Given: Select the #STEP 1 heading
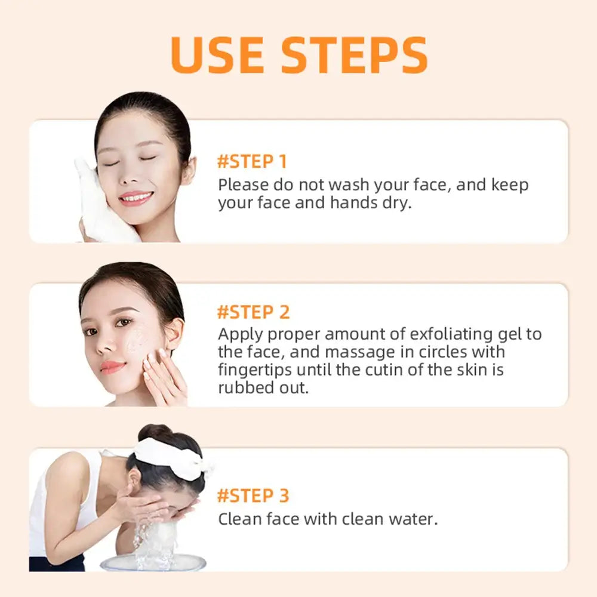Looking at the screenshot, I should pyautogui.click(x=252, y=162).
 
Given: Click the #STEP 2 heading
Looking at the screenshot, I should pyautogui.click(x=253, y=312).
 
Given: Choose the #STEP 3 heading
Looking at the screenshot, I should pyautogui.click(x=253, y=496).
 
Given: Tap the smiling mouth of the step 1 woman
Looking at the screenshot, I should pyautogui.click(x=136, y=197).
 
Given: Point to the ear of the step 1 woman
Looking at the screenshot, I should pyautogui.click(x=189, y=171).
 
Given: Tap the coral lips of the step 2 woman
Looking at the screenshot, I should pyautogui.click(x=112, y=367).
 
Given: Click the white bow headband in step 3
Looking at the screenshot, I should pyautogui.click(x=173, y=457).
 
